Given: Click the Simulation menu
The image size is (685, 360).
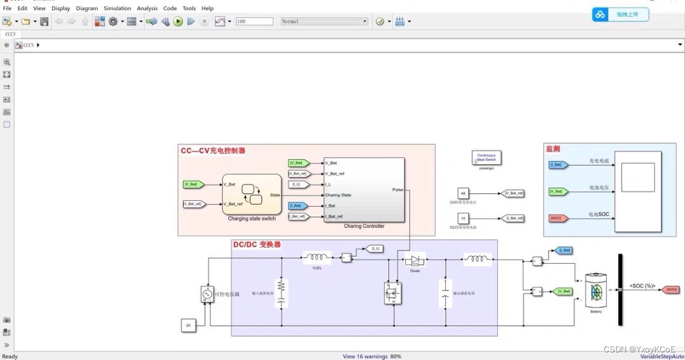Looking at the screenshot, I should (117, 8).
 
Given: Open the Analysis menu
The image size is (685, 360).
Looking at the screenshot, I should (147, 8).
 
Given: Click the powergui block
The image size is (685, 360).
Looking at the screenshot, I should (486, 158).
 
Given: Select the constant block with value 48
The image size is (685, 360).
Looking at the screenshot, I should (463, 193).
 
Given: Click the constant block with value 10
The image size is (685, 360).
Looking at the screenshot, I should (463, 218).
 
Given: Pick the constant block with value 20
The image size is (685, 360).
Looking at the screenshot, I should (188, 326).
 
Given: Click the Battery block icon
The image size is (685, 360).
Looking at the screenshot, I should (596, 290).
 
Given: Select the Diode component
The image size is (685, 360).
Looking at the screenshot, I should (415, 260).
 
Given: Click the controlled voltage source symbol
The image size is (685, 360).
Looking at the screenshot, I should (207, 294).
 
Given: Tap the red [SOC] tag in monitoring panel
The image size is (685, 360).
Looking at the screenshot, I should (556, 218).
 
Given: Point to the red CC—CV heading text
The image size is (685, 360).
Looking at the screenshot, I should (213, 151).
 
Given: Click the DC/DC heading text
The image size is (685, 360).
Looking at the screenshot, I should (256, 245).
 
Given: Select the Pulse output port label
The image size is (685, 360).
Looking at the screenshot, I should (398, 190).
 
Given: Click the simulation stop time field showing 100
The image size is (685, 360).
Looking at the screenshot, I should (254, 22).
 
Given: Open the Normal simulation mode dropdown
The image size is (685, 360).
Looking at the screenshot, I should (324, 22).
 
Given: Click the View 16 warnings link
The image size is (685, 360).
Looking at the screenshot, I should (365, 356).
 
